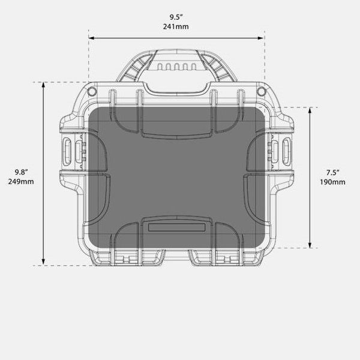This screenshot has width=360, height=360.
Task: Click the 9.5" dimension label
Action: (x=176, y=17)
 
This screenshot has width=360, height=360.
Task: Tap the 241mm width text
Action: (x=176, y=26)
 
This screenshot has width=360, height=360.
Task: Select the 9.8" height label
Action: (x=21, y=172)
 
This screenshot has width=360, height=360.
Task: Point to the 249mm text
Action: (x=21, y=181)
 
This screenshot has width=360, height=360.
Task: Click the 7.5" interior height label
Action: (x=333, y=172)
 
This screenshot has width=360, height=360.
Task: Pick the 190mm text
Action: (x=333, y=182)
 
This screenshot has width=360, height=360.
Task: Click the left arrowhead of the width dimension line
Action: (x=91, y=38)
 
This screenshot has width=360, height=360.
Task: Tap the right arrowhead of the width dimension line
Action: (x=261, y=38)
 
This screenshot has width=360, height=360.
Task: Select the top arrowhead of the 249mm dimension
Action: (x=43, y=85)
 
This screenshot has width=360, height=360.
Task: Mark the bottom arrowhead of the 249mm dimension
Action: (x=43, y=262)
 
